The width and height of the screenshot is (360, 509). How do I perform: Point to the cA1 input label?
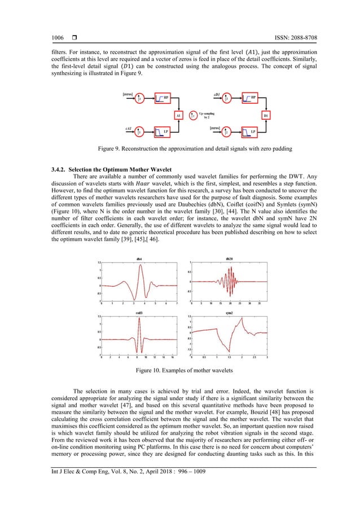pos(128,128)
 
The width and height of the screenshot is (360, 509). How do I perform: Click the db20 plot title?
pos(229,259)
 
